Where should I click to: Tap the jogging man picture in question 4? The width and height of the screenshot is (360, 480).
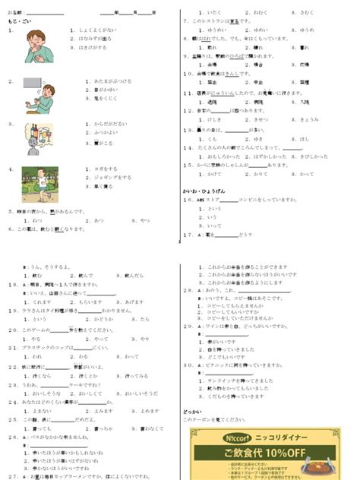pos(39,184)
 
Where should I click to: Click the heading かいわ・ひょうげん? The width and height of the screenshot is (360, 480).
pos(204,189)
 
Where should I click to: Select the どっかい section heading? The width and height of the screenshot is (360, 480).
pos(192,411)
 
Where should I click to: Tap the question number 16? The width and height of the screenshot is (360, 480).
pos(186,200)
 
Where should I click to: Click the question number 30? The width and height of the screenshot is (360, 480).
pos(187,364)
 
